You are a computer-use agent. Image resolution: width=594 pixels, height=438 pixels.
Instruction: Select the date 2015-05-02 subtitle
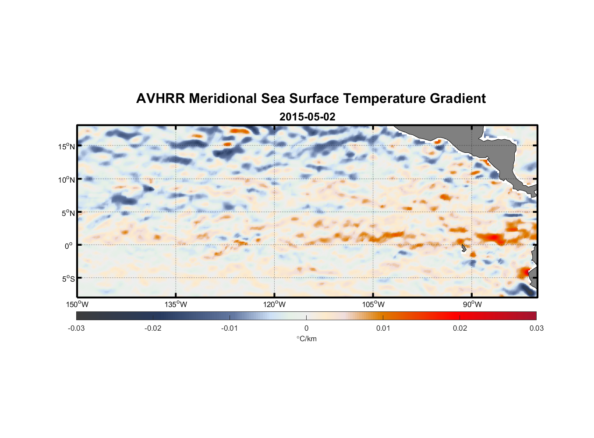[307, 117]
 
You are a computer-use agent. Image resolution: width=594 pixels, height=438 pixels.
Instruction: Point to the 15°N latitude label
[67, 146]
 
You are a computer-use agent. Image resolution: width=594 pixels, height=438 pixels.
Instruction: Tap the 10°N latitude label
[67, 180]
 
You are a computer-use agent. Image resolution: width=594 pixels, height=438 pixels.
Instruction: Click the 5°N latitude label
[68, 213]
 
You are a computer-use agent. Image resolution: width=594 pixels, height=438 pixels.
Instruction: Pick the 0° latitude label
[69, 246]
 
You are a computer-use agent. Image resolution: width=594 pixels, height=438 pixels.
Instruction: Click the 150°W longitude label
[77, 304]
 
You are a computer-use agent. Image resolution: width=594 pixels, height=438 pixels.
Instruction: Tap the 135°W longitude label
[176, 304]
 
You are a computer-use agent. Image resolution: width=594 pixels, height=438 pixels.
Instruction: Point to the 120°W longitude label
[274, 304]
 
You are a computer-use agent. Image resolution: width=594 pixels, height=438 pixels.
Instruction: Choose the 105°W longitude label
[373, 304]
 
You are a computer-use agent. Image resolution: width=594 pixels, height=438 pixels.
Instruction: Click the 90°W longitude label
[472, 304]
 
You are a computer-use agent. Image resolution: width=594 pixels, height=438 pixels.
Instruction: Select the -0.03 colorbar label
[76, 328]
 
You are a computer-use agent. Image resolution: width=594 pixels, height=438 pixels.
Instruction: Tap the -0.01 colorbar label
[230, 328]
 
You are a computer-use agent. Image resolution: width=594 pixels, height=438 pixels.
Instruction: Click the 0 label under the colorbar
[306, 328]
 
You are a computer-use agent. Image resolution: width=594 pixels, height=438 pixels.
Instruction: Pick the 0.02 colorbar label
[460, 328]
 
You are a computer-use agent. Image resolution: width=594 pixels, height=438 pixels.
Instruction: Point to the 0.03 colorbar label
[536, 328]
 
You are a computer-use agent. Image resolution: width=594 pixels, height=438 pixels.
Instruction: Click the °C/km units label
[307, 339]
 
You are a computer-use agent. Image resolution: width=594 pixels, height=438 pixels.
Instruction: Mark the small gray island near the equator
[463, 248]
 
